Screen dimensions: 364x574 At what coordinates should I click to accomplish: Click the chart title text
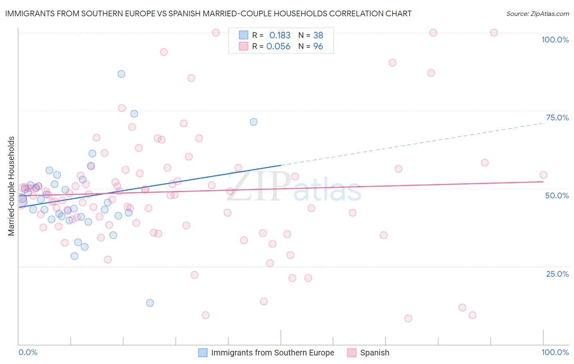point(208,13)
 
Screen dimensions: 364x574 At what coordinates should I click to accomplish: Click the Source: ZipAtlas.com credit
point(537,13)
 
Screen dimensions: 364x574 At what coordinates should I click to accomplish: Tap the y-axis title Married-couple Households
point(11,186)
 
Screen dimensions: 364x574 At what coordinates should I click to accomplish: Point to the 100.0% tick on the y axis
point(555,40)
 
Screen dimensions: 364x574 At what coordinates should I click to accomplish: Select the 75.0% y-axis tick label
point(557,118)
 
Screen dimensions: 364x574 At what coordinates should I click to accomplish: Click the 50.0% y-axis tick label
point(557,195)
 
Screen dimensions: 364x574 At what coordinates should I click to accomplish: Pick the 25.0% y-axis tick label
point(557,274)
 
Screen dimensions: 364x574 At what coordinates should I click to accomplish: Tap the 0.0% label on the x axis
point(28,352)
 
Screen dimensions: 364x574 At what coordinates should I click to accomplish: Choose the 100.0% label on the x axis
point(555,352)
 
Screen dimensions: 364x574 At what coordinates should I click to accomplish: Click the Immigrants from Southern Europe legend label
point(272,353)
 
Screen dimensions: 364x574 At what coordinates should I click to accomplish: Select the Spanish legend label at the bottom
point(374,353)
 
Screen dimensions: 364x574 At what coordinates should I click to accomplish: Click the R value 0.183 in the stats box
point(280,35)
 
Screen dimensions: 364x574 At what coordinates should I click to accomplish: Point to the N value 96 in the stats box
point(318,47)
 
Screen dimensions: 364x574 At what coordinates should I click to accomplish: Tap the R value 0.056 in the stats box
point(278,47)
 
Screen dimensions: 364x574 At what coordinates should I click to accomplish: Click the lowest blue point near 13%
point(150,303)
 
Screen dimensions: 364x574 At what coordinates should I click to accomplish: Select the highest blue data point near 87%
point(121,74)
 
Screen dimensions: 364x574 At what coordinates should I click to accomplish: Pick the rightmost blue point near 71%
point(254,122)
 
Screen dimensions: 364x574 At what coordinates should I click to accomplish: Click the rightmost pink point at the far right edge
point(543,175)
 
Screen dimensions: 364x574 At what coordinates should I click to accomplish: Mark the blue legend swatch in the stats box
point(243,35)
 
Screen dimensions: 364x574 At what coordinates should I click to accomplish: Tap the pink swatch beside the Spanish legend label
point(352,353)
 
